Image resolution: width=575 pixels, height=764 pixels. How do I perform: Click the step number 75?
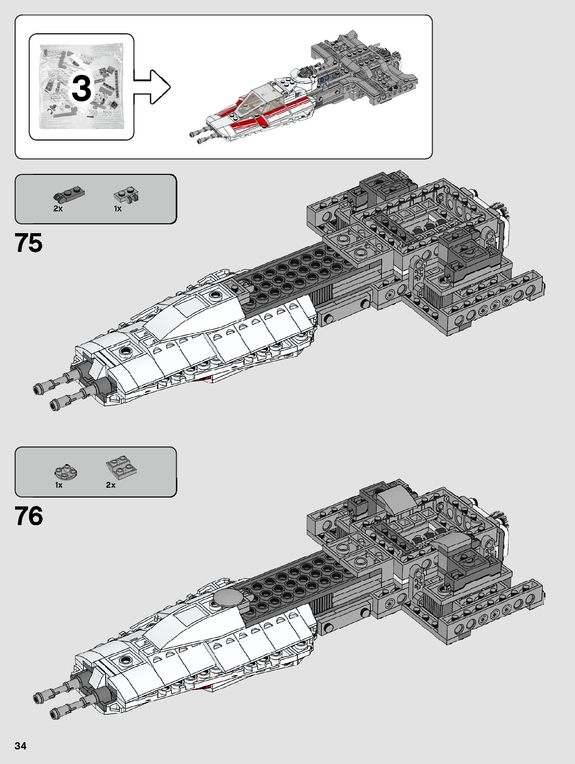(29, 243)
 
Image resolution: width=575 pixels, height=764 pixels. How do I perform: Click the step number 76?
(29, 516)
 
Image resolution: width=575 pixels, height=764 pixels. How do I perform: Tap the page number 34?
(20, 746)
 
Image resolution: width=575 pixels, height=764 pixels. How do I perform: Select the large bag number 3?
(82, 88)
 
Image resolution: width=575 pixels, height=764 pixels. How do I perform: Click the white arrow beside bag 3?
(152, 87)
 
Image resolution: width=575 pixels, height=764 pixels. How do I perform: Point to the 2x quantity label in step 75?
(58, 208)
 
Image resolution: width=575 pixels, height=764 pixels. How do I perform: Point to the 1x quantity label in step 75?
(117, 208)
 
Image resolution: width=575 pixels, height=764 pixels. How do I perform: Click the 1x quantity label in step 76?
(59, 485)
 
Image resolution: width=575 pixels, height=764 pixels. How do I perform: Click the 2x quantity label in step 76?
(111, 485)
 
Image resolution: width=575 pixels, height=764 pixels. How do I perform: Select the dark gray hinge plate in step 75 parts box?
(68, 195)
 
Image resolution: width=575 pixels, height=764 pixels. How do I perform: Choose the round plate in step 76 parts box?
(66, 472)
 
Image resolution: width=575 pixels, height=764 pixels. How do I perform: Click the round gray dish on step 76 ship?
(226, 597)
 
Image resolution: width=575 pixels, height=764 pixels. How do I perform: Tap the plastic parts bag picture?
(82, 86)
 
